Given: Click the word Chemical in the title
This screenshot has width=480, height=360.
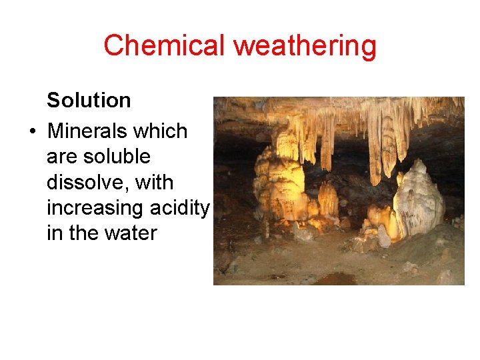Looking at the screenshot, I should [x=165, y=45].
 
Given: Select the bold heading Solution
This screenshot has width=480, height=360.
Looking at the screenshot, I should [x=89, y=101].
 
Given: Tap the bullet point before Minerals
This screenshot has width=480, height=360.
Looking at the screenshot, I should [x=32, y=131].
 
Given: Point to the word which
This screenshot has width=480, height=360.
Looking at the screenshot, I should [x=170, y=131].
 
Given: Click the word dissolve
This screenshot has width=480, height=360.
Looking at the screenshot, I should [x=85, y=182].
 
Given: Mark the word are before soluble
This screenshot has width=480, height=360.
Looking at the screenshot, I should [x=61, y=157].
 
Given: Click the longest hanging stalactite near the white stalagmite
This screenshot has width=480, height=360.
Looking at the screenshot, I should [x=375, y=150].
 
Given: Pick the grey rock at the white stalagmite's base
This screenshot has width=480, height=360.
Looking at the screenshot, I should [x=385, y=235].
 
